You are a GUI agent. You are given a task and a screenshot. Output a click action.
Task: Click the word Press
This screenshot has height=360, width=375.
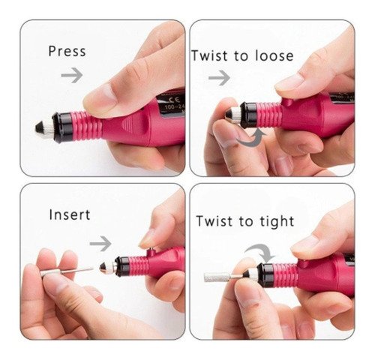click(x=67, y=51)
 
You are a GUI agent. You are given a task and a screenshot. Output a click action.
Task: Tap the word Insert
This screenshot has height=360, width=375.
click(x=70, y=214)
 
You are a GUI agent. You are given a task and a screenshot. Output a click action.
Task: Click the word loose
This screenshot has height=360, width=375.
click(x=274, y=55)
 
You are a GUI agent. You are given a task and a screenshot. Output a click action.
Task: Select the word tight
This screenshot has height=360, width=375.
click(x=277, y=221)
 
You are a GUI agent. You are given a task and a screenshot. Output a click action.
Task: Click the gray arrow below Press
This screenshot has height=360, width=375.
click(x=72, y=74)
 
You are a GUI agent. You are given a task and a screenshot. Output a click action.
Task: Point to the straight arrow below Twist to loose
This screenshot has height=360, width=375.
click(x=219, y=78)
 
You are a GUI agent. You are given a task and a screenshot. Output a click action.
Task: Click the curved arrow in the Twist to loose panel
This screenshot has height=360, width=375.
click(x=251, y=139)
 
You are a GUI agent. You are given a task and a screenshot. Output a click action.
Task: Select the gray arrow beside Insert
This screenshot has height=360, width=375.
click(x=100, y=243)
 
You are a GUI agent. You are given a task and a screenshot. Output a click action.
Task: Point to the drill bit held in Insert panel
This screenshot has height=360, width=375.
click(x=67, y=271)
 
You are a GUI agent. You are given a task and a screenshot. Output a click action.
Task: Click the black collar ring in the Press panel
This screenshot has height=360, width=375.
click(x=62, y=127)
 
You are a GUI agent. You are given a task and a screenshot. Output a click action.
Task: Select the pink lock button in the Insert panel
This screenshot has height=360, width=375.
click(x=151, y=252)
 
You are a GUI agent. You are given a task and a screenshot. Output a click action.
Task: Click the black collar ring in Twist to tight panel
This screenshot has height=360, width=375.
click(x=265, y=275)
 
